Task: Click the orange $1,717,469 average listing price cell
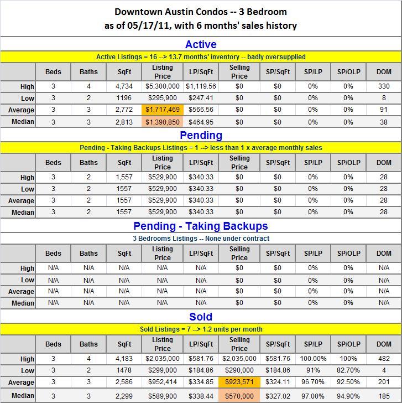(x=162, y=110)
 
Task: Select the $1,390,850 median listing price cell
(x=162, y=122)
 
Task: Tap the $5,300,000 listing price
(x=162, y=86)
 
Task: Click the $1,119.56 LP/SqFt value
(x=201, y=86)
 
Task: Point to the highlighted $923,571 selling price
(x=239, y=382)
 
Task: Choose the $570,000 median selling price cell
(x=239, y=396)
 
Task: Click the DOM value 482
(x=384, y=358)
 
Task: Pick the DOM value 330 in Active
(x=384, y=86)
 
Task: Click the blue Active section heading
(x=201, y=44)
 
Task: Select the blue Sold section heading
(x=201, y=317)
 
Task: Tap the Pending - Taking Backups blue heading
(x=201, y=226)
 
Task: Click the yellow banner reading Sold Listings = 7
(x=201, y=329)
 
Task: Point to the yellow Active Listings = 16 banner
(x=201, y=56)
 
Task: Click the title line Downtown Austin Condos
(x=201, y=11)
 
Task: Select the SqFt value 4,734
(x=124, y=86)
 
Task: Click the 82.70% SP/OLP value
(x=348, y=370)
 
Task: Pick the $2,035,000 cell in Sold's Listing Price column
(x=162, y=358)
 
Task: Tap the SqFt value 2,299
(x=124, y=396)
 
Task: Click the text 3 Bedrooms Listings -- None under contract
(x=201, y=238)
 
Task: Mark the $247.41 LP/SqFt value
(x=201, y=98)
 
